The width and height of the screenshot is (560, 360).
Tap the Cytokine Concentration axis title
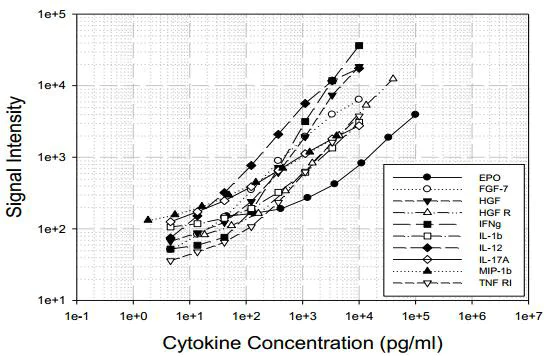[x=300, y=344]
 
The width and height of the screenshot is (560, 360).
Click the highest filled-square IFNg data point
[x=359, y=46]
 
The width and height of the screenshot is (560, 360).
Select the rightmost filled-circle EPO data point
[x=415, y=114]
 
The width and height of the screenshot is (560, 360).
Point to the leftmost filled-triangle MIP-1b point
[x=147, y=220]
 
